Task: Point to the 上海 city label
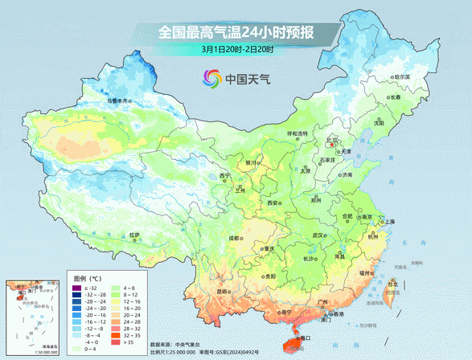coord(389,221)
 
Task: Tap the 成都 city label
coord(233,238)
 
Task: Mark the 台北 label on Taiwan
coord(392,284)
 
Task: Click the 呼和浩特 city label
coord(298,133)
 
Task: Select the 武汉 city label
coord(319,235)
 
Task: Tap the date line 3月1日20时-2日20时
coord(238,50)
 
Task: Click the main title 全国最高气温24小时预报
coord(236,33)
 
